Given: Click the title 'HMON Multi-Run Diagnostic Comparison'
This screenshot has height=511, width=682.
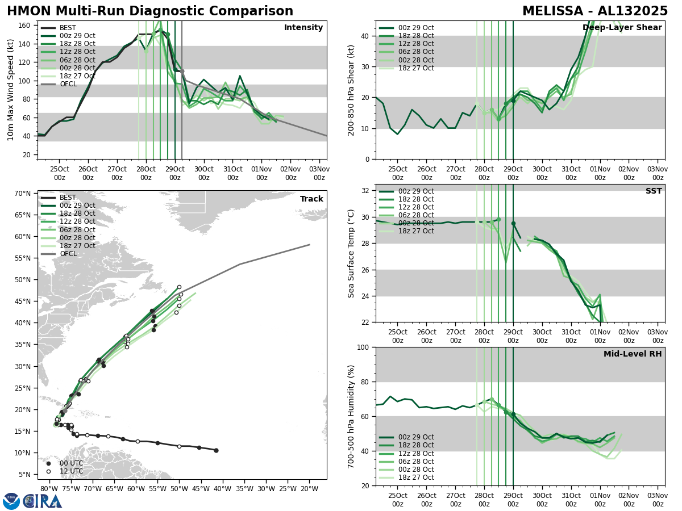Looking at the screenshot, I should click(x=150, y=11).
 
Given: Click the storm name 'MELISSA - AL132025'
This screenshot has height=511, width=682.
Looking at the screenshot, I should click(x=596, y=11).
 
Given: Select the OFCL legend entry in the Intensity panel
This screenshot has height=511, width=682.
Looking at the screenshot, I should click(x=68, y=84).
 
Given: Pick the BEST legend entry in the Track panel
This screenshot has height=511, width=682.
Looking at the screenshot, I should click(x=68, y=198).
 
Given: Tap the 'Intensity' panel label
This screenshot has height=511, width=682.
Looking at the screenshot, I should click(x=303, y=28).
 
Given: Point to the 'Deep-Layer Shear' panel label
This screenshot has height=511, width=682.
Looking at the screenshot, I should click(x=622, y=28).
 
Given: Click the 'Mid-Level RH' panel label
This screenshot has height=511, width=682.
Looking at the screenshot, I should click(x=633, y=354).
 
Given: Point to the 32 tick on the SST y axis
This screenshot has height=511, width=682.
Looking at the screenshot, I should click(x=366, y=191).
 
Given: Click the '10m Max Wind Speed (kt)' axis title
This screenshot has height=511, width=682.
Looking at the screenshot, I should click(x=10, y=90).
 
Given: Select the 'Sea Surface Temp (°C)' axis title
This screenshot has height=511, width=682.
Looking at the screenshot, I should click(x=351, y=253).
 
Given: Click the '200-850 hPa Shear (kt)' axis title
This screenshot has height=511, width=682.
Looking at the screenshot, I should click(x=351, y=90).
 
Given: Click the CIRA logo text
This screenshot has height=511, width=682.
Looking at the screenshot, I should click(x=45, y=501).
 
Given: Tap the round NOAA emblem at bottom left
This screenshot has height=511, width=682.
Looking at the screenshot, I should click(x=11, y=501).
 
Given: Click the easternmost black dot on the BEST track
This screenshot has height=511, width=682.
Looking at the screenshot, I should click(x=216, y=450).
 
